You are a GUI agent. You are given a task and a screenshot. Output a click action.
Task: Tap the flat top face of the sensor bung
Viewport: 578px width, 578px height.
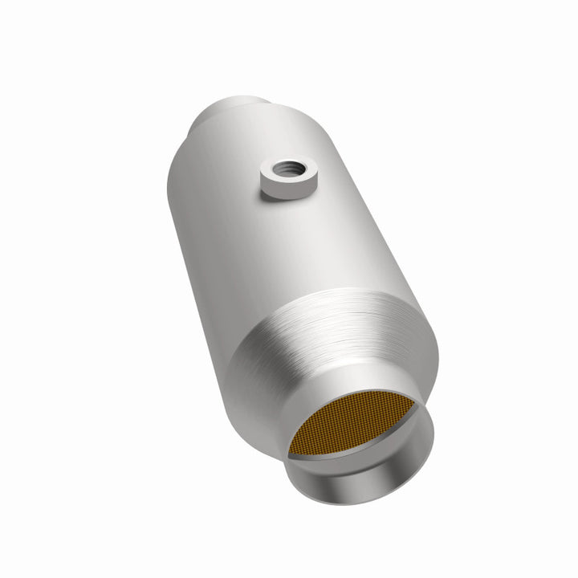303,176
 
